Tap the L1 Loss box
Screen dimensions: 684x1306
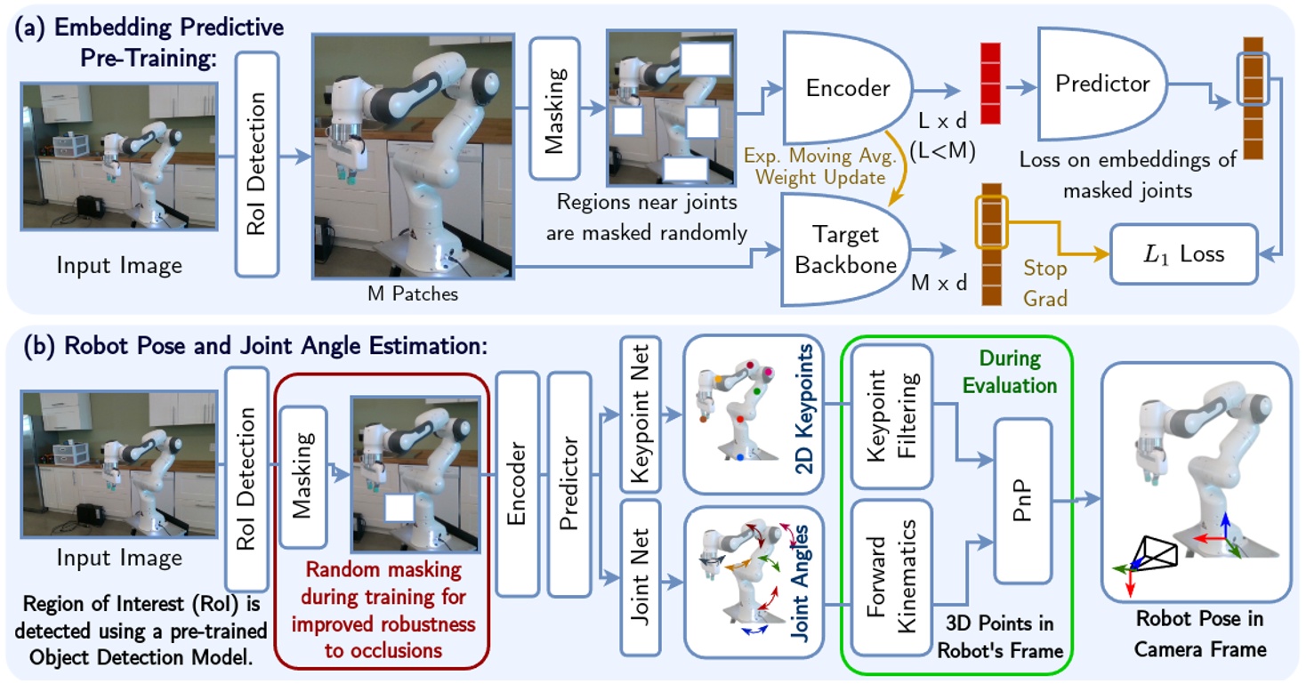[1182, 254]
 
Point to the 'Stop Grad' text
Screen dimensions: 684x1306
[1045, 284]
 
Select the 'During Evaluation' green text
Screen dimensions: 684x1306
[1011, 372]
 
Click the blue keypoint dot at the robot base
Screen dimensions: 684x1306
[740, 457]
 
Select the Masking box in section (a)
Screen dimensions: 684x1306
[555, 109]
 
